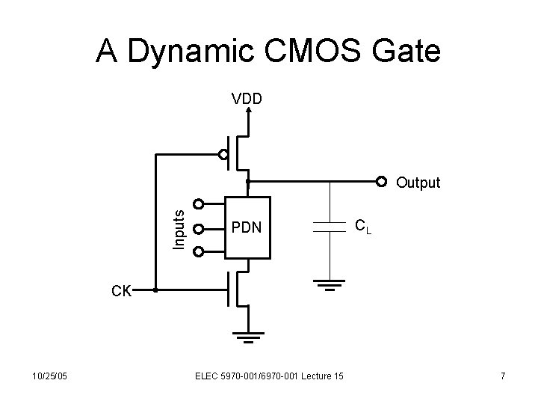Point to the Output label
click(418, 183)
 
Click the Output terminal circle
click(382, 181)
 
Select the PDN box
click(247, 226)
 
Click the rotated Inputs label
click(179, 227)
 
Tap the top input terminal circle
click(198, 203)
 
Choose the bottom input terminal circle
click(198, 251)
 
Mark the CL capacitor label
click(362, 224)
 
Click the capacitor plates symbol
click(326, 227)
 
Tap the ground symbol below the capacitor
click(327, 284)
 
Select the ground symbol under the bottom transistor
click(247, 336)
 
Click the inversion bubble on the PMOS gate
click(223, 155)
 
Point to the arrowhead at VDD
click(248, 111)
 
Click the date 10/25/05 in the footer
click(50, 376)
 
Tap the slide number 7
click(503, 376)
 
